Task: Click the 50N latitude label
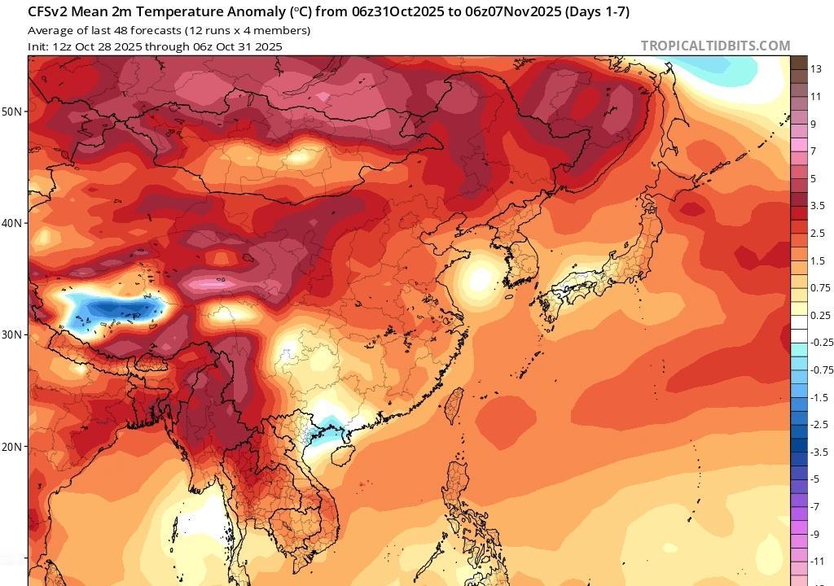click(14, 111)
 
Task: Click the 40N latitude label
click(14, 223)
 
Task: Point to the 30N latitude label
click(14, 335)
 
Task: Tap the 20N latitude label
click(14, 447)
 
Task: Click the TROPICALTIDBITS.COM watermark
click(715, 46)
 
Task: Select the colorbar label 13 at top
click(815, 69)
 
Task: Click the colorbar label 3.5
click(818, 206)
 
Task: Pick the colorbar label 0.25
click(820, 315)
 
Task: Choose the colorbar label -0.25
click(822, 343)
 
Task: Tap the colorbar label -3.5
click(819, 452)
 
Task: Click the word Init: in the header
click(38, 46)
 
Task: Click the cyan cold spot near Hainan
click(330, 425)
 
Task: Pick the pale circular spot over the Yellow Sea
click(481, 278)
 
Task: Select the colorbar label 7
click(813, 151)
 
